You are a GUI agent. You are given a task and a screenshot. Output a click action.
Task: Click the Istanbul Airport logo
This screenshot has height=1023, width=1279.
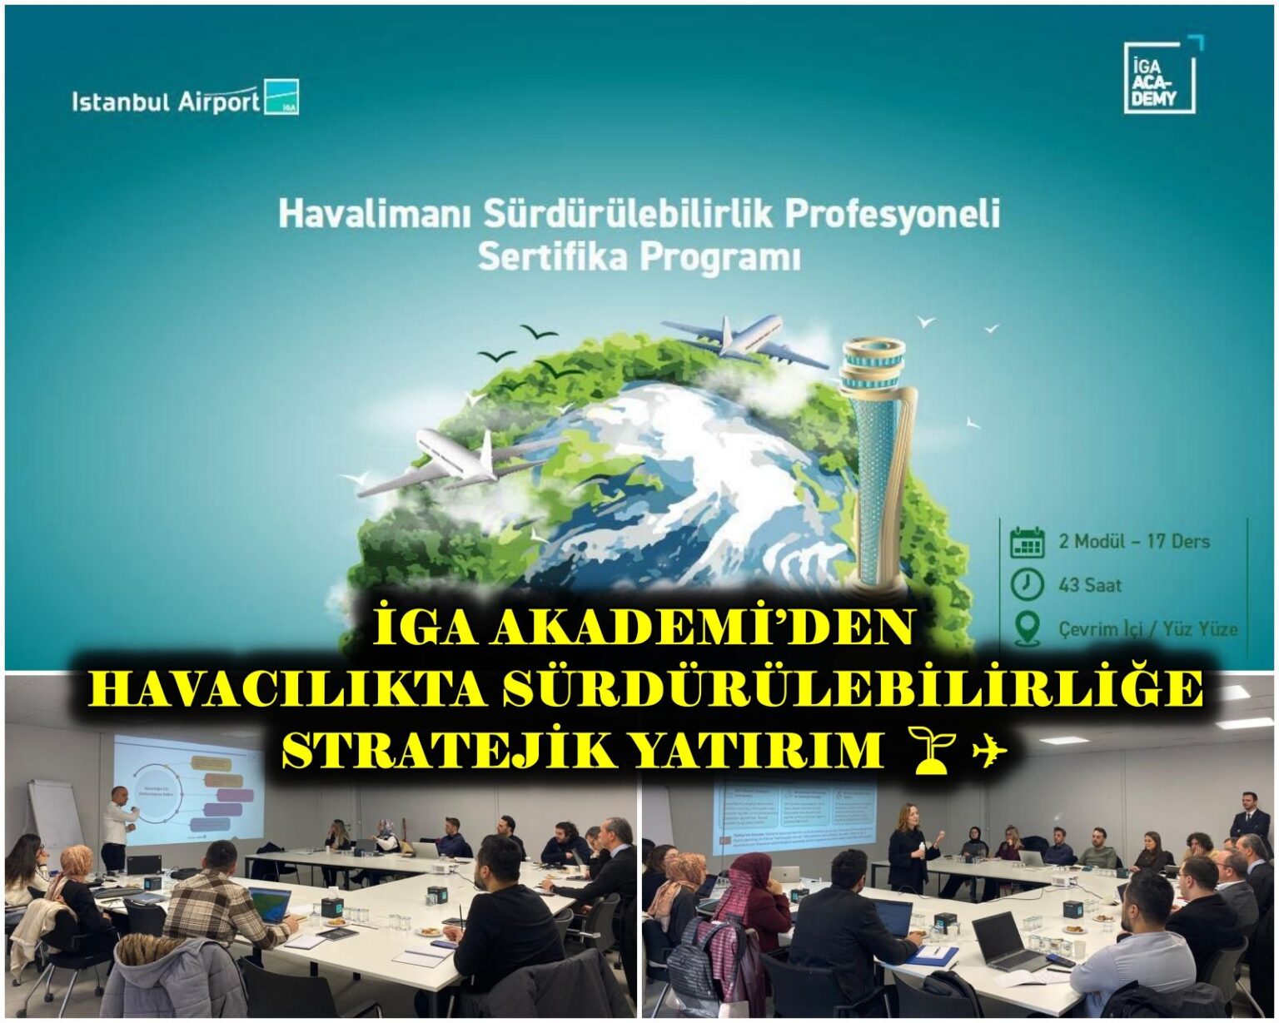click(185, 99)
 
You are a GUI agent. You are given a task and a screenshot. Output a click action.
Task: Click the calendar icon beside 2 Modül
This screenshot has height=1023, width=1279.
click(1027, 542)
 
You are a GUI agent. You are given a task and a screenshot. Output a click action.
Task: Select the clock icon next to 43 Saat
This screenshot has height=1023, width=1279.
click(1027, 584)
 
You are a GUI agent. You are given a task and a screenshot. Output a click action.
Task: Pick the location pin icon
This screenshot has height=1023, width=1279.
click(1028, 628)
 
